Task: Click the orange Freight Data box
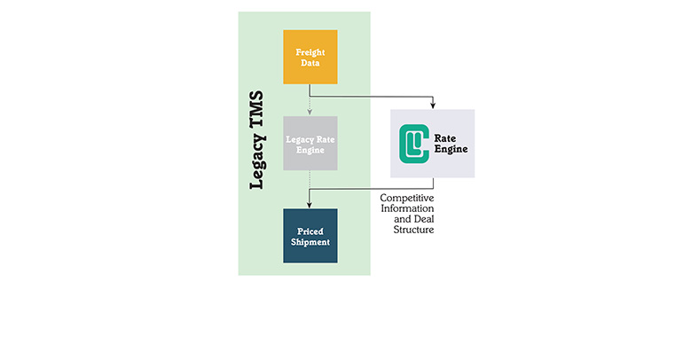pyautogui.click(x=310, y=58)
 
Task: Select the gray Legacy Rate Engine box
pyautogui.click(x=310, y=144)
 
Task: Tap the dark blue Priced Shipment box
pyautogui.click(x=310, y=236)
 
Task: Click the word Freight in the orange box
pyautogui.click(x=310, y=52)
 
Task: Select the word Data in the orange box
pyautogui.click(x=310, y=64)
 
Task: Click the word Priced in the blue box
pyautogui.click(x=310, y=230)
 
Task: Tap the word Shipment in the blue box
pyautogui.click(x=310, y=242)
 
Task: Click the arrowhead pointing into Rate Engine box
pyautogui.click(x=432, y=106)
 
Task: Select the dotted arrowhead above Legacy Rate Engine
pyautogui.click(x=310, y=113)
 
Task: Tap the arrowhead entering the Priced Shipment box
pyautogui.click(x=310, y=205)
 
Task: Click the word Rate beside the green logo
pyautogui.click(x=444, y=137)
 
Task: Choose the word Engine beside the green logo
pyautogui.click(x=450, y=150)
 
